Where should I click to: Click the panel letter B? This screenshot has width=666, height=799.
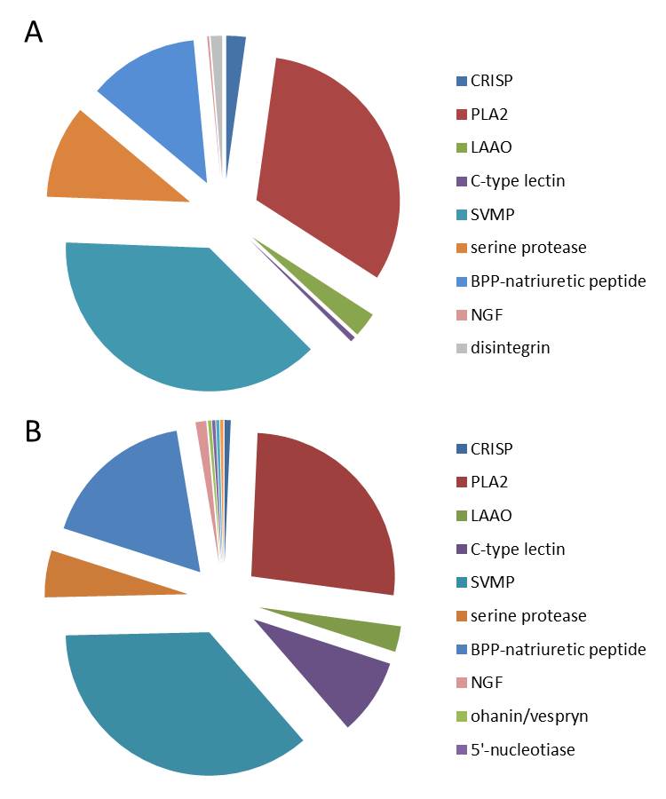(x=34, y=431)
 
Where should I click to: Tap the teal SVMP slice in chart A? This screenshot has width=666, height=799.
(x=178, y=320)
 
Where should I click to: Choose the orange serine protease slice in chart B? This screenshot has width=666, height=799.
(x=89, y=575)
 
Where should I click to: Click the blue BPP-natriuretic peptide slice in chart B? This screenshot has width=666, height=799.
(x=142, y=506)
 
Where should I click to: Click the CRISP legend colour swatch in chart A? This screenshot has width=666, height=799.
(x=460, y=82)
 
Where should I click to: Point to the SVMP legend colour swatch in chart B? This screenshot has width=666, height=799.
(x=460, y=583)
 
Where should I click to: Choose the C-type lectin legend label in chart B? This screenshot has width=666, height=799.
(x=518, y=550)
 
